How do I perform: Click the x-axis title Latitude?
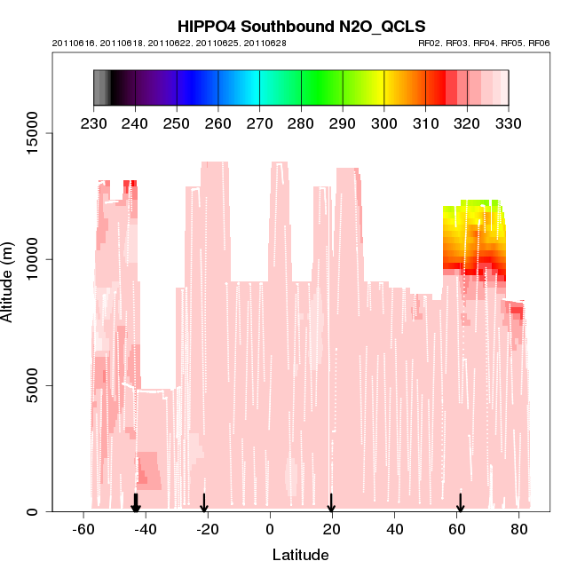300,556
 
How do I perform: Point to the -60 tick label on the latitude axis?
83,529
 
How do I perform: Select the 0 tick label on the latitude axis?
270,529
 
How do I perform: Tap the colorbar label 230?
94,123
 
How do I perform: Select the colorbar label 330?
509,123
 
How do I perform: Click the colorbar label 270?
260,123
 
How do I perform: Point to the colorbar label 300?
384,123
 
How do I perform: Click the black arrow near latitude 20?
331,503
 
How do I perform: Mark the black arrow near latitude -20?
204,503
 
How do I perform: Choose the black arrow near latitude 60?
461,503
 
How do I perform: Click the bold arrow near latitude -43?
136,503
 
